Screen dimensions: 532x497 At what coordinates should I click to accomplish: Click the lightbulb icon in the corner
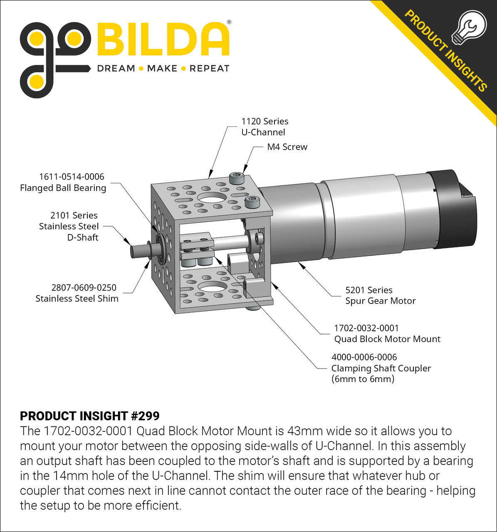click(x=471, y=27)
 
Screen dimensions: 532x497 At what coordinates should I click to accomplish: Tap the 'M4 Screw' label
click(x=287, y=147)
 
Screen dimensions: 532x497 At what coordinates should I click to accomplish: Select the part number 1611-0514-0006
click(x=72, y=177)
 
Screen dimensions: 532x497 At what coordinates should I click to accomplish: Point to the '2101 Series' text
click(x=74, y=215)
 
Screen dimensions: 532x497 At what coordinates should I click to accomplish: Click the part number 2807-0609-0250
click(x=84, y=287)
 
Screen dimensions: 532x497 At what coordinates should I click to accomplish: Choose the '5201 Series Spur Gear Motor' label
click(x=380, y=296)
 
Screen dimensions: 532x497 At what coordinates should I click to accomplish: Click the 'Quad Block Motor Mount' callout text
click(x=387, y=339)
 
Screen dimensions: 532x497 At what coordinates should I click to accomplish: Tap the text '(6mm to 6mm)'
click(x=363, y=379)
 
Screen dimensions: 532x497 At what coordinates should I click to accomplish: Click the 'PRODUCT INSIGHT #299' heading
click(x=90, y=416)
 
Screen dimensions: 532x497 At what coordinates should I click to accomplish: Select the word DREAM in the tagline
click(x=116, y=69)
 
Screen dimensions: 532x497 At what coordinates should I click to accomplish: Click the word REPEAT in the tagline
click(x=209, y=69)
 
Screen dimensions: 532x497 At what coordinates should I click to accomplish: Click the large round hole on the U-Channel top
click(x=212, y=197)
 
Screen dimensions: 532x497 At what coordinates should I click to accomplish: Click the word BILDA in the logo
click(x=163, y=40)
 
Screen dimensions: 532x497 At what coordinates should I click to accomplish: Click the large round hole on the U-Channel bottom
click(x=213, y=286)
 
